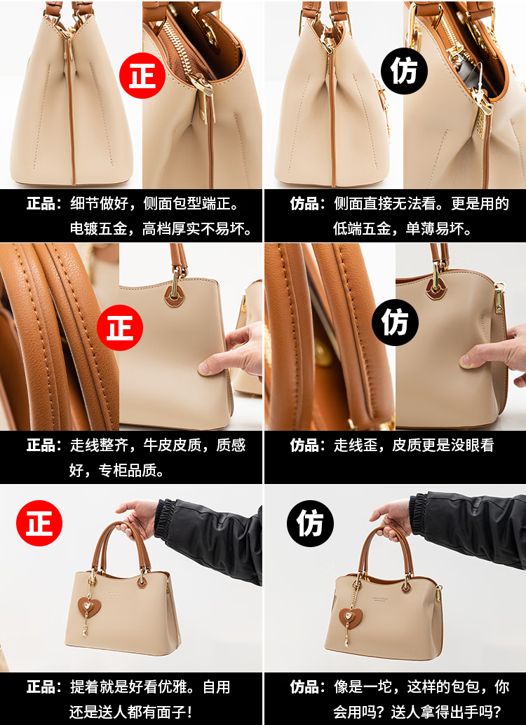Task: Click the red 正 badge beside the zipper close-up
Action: tap(142, 76)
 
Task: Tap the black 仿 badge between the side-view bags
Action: tap(404, 71)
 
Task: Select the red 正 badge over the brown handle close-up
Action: tap(120, 328)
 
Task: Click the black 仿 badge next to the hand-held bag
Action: tap(310, 523)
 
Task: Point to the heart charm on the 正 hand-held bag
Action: tap(87, 606)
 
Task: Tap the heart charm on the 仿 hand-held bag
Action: tap(351, 617)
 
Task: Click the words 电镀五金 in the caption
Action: tap(98, 228)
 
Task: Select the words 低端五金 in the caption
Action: tap(362, 228)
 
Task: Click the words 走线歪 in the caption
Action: tap(355, 446)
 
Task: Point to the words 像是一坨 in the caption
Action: tap(362, 687)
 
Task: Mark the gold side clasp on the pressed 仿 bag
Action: tap(499, 299)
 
